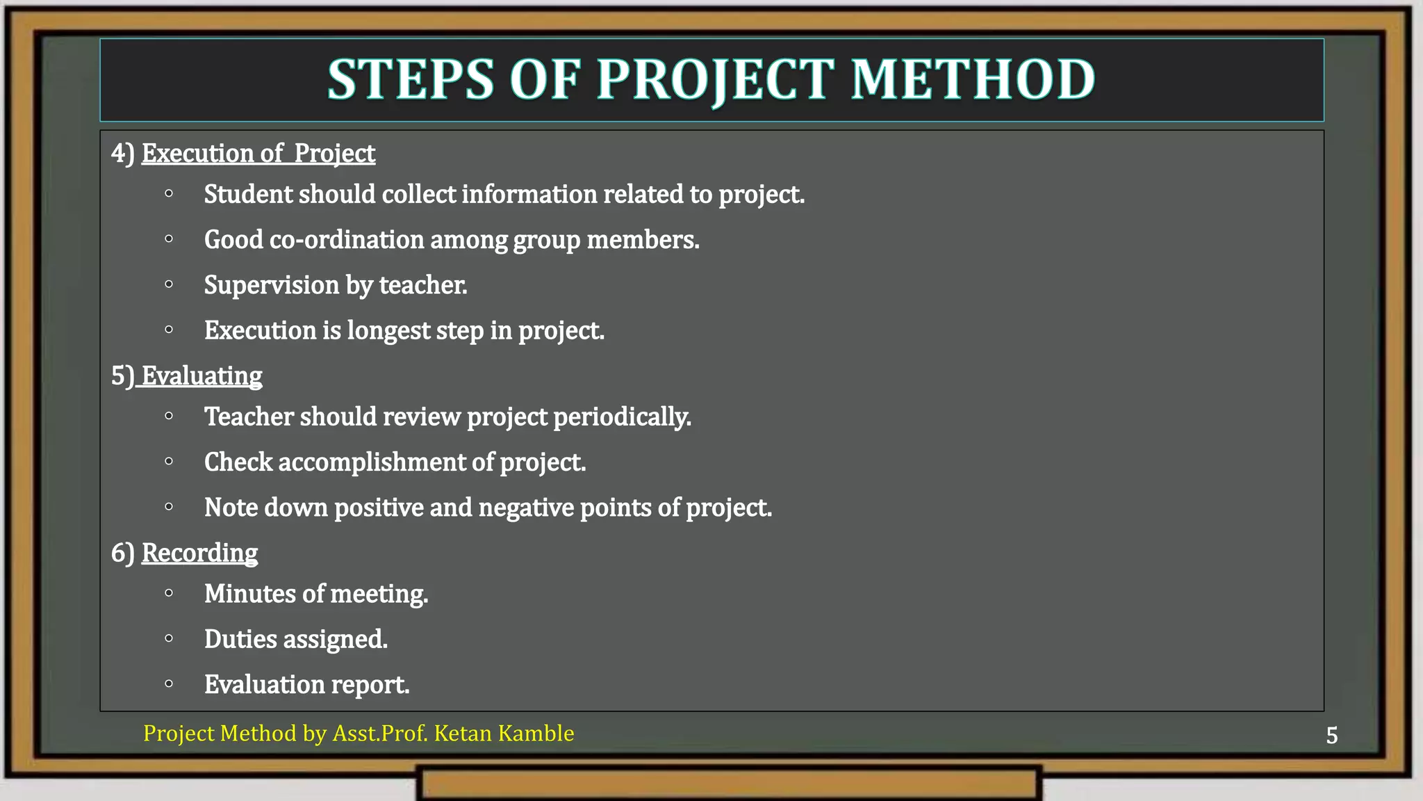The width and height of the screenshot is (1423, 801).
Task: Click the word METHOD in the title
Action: click(973, 79)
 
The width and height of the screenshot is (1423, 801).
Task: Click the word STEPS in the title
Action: click(411, 79)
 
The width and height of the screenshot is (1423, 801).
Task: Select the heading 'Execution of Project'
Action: click(258, 153)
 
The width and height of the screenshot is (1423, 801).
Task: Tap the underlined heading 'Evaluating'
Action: click(201, 375)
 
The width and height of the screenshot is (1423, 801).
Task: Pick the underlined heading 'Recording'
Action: click(199, 553)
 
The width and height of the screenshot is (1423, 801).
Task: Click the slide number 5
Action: click(1331, 735)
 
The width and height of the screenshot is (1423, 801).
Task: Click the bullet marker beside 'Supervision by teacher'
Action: click(169, 284)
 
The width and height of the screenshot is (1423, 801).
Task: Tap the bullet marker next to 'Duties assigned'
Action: click(169, 638)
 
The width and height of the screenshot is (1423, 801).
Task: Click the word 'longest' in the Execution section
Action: click(388, 330)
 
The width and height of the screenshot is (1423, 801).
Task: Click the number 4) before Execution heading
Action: click(122, 153)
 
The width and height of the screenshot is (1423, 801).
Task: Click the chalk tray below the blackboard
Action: click(729, 783)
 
